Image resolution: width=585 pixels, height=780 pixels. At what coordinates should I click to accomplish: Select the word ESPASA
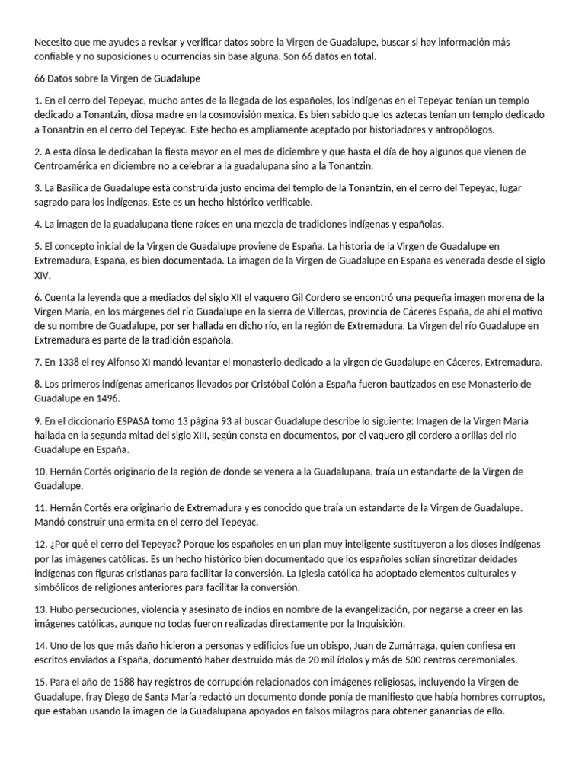(115, 420)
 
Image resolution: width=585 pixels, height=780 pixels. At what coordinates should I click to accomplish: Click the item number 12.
(40, 545)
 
